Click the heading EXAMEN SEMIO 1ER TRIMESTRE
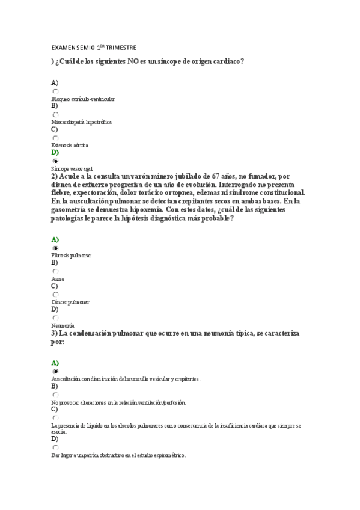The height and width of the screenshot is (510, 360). pyautogui.click(x=93, y=47)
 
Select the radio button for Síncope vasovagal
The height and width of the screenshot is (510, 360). pyautogui.click(x=55, y=161)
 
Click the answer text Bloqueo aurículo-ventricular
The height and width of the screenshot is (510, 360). pyautogui.click(x=83, y=99)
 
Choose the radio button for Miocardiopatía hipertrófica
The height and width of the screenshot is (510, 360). pyautogui.click(x=55, y=114)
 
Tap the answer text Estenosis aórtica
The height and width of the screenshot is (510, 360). pyautogui.click(x=70, y=145)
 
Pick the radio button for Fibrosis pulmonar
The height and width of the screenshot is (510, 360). pyautogui.click(x=55, y=248)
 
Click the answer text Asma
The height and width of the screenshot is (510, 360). pyautogui.click(x=58, y=279)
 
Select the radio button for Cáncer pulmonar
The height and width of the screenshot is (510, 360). pyautogui.click(x=55, y=295)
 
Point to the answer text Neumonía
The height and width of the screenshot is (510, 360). pyautogui.click(x=63, y=325)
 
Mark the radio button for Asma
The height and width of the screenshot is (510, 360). pyautogui.click(x=55, y=271)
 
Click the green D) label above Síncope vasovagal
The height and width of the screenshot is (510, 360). pyautogui.click(x=55, y=153)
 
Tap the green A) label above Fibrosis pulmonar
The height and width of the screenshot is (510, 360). pyautogui.click(x=55, y=239)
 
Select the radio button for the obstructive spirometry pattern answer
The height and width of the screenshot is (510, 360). pyautogui.click(x=55, y=447)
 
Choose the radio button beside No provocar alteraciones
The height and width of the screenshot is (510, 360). pyautogui.click(x=55, y=395)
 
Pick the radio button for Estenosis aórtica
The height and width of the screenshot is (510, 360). pyautogui.click(x=55, y=138)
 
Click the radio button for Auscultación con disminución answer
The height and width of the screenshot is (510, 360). pyautogui.click(x=55, y=372)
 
